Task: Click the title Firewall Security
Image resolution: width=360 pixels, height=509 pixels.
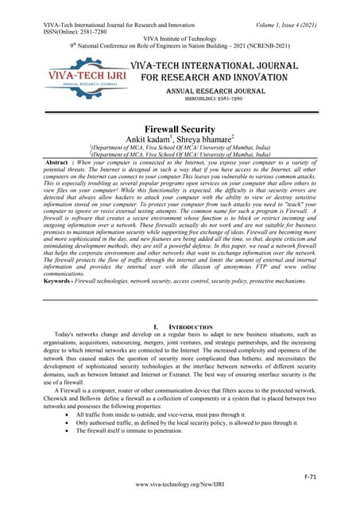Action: [180, 128]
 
